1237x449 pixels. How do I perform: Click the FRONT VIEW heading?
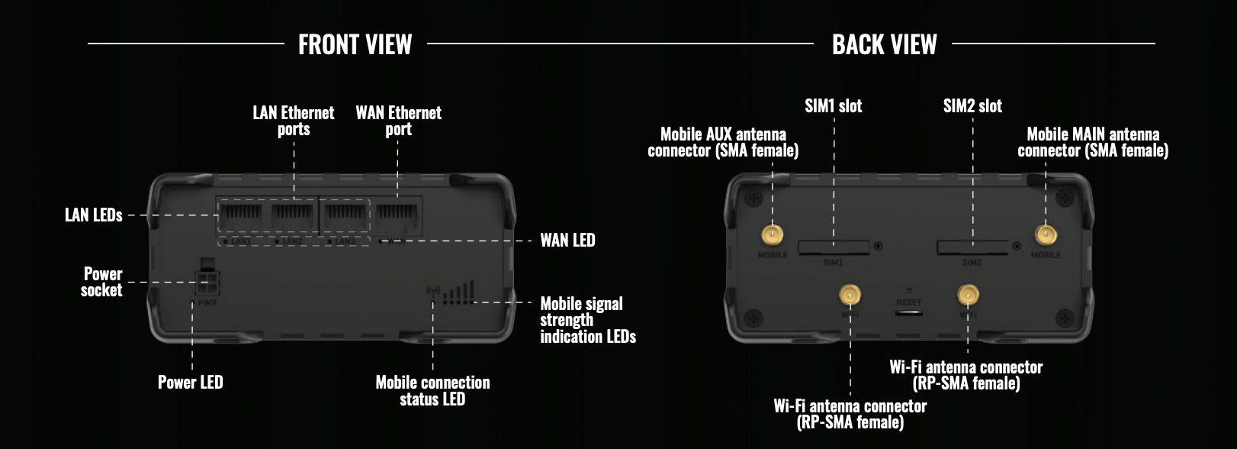pos(355,44)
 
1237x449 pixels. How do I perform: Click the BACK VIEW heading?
pos(884,44)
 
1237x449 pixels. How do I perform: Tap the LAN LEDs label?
pos(93,215)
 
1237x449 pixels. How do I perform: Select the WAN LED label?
pos(567,241)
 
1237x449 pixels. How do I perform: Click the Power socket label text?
pos(102,282)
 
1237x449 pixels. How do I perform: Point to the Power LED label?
pos(190,383)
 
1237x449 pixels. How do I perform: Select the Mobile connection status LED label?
pos(432,390)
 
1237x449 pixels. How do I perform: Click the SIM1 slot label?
pos(833,106)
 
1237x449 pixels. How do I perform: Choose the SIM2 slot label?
pos(972,106)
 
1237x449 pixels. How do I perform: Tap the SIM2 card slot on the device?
pos(972,247)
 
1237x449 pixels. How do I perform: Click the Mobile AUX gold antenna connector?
pos(773,234)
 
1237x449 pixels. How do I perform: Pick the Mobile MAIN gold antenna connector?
pos(1045,234)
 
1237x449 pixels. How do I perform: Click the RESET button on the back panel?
pos(908,312)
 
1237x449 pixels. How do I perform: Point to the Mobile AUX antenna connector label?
pos(723,143)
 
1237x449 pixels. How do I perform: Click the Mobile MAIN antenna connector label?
pos(1092,143)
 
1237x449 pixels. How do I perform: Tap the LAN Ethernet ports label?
pos(294,121)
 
